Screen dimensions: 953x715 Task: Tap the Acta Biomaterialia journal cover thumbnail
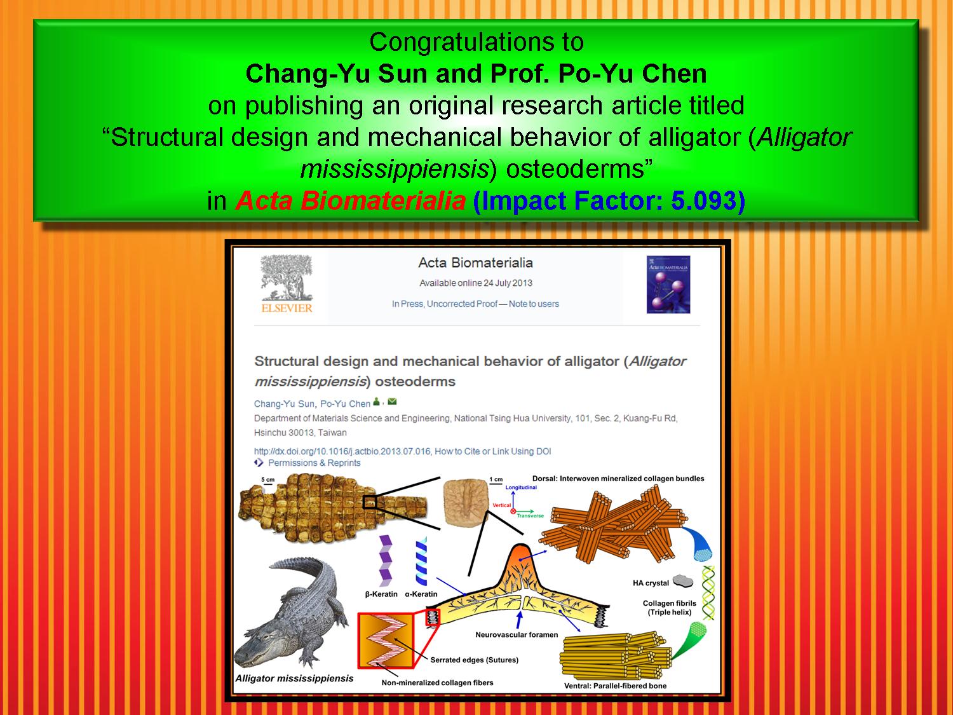pyautogui.click(x=668, y=284)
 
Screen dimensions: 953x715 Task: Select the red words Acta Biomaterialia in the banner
pyautogui.click(x=350, y=201)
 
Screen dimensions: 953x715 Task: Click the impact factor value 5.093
pyautogui.click(x=703, y=201)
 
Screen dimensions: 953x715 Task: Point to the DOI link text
pyautogui.click(x=342, y=451)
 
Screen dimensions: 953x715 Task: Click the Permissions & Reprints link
pyautogui.click(x=314, y=463)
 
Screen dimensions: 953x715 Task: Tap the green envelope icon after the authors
pyautogui.click(x=392, y=402)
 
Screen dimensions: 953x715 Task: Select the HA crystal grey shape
pyautogui.click(x=683, y=581)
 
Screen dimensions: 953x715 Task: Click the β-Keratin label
pyautogui.click(x=381, y=594)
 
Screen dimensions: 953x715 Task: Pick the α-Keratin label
pyautogui.click(x=421, y=594)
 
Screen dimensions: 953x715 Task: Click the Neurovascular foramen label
pyautogui.click(x=517, y=635)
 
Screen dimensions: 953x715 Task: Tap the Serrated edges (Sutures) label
pyautogui.click(x=474, y=660)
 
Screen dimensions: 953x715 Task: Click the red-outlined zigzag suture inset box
pyautogui.click(x=386, y=641)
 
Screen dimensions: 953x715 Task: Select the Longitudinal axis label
pyautogui.click(x=521, y=487)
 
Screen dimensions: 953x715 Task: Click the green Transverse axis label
pyautogui.click(x=530, y=515)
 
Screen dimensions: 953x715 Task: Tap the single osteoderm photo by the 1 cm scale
pyautogui.click(x=466, y=502)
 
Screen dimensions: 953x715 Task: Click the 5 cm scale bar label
pyautogui.click(x=268, y=480)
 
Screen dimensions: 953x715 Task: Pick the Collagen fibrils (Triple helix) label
pyautogui.click(x=669, y=608)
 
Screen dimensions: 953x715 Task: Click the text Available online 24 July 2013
pyautogui.click(x=475, y=283)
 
